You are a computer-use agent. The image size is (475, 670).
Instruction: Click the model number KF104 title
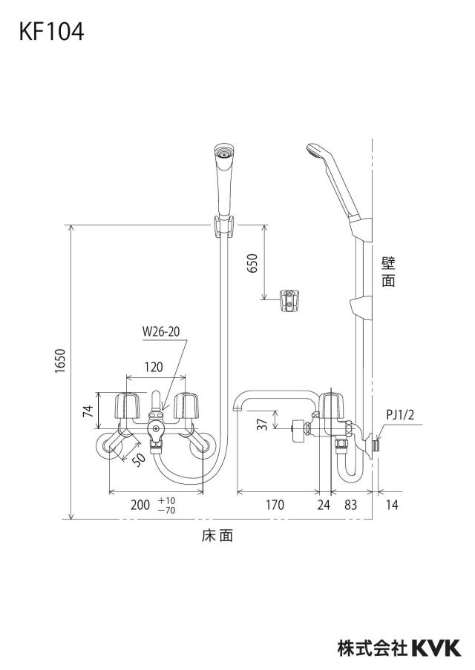pyautogui.click(x=51, y=32)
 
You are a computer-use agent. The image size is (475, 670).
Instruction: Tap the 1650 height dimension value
pyautogui.click(x=60, y=361)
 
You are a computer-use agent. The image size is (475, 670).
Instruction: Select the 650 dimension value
pyautogui.click(x=253, y=263)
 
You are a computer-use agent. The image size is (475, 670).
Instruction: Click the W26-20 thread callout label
pyautogui.click(x=161, y=331)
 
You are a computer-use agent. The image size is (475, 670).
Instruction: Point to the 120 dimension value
pyautogui.click(x=154, y=367)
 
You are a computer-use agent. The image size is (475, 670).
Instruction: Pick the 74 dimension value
pyautogui.click(x=88, y=411)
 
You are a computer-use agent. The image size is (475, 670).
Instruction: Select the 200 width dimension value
pyautogui.click(x=140, y=505)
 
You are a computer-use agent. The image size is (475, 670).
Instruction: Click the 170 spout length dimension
pyautogui.click(x=275, y=505)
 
